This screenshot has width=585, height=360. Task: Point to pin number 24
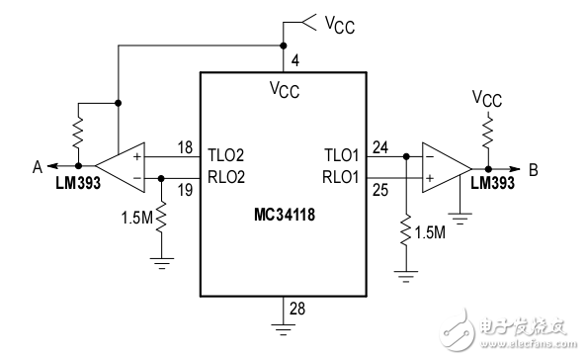click(380, 148)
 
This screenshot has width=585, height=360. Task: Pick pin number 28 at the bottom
click(296, 309)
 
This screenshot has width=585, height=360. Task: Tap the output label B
click(533, 169)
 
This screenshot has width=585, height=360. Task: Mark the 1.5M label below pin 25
click(431, 232)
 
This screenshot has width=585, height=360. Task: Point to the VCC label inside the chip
click(285, 90)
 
